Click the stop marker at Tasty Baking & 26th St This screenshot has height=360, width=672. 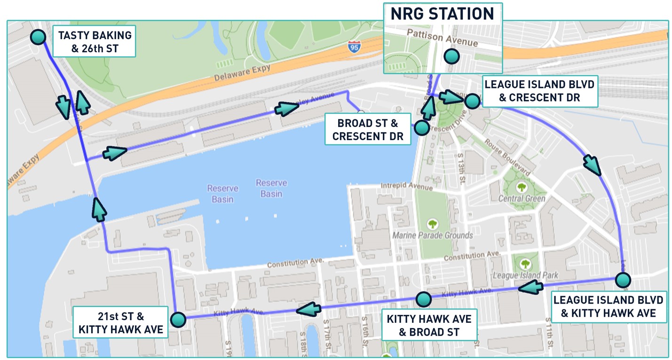38,37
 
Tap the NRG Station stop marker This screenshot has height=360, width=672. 451,56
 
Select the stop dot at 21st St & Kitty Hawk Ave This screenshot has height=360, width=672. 178,321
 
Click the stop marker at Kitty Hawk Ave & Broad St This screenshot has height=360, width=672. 423,299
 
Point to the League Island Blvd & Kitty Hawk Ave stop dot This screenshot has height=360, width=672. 623,280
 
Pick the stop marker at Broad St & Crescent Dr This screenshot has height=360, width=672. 421,127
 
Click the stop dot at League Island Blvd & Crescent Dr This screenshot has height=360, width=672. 472,101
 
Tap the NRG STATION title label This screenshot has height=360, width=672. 443,14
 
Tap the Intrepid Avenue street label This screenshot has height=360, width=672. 406,186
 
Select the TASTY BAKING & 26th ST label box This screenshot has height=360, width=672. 95,41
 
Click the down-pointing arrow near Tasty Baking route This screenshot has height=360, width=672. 63,107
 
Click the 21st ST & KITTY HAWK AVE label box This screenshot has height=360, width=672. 120,322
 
